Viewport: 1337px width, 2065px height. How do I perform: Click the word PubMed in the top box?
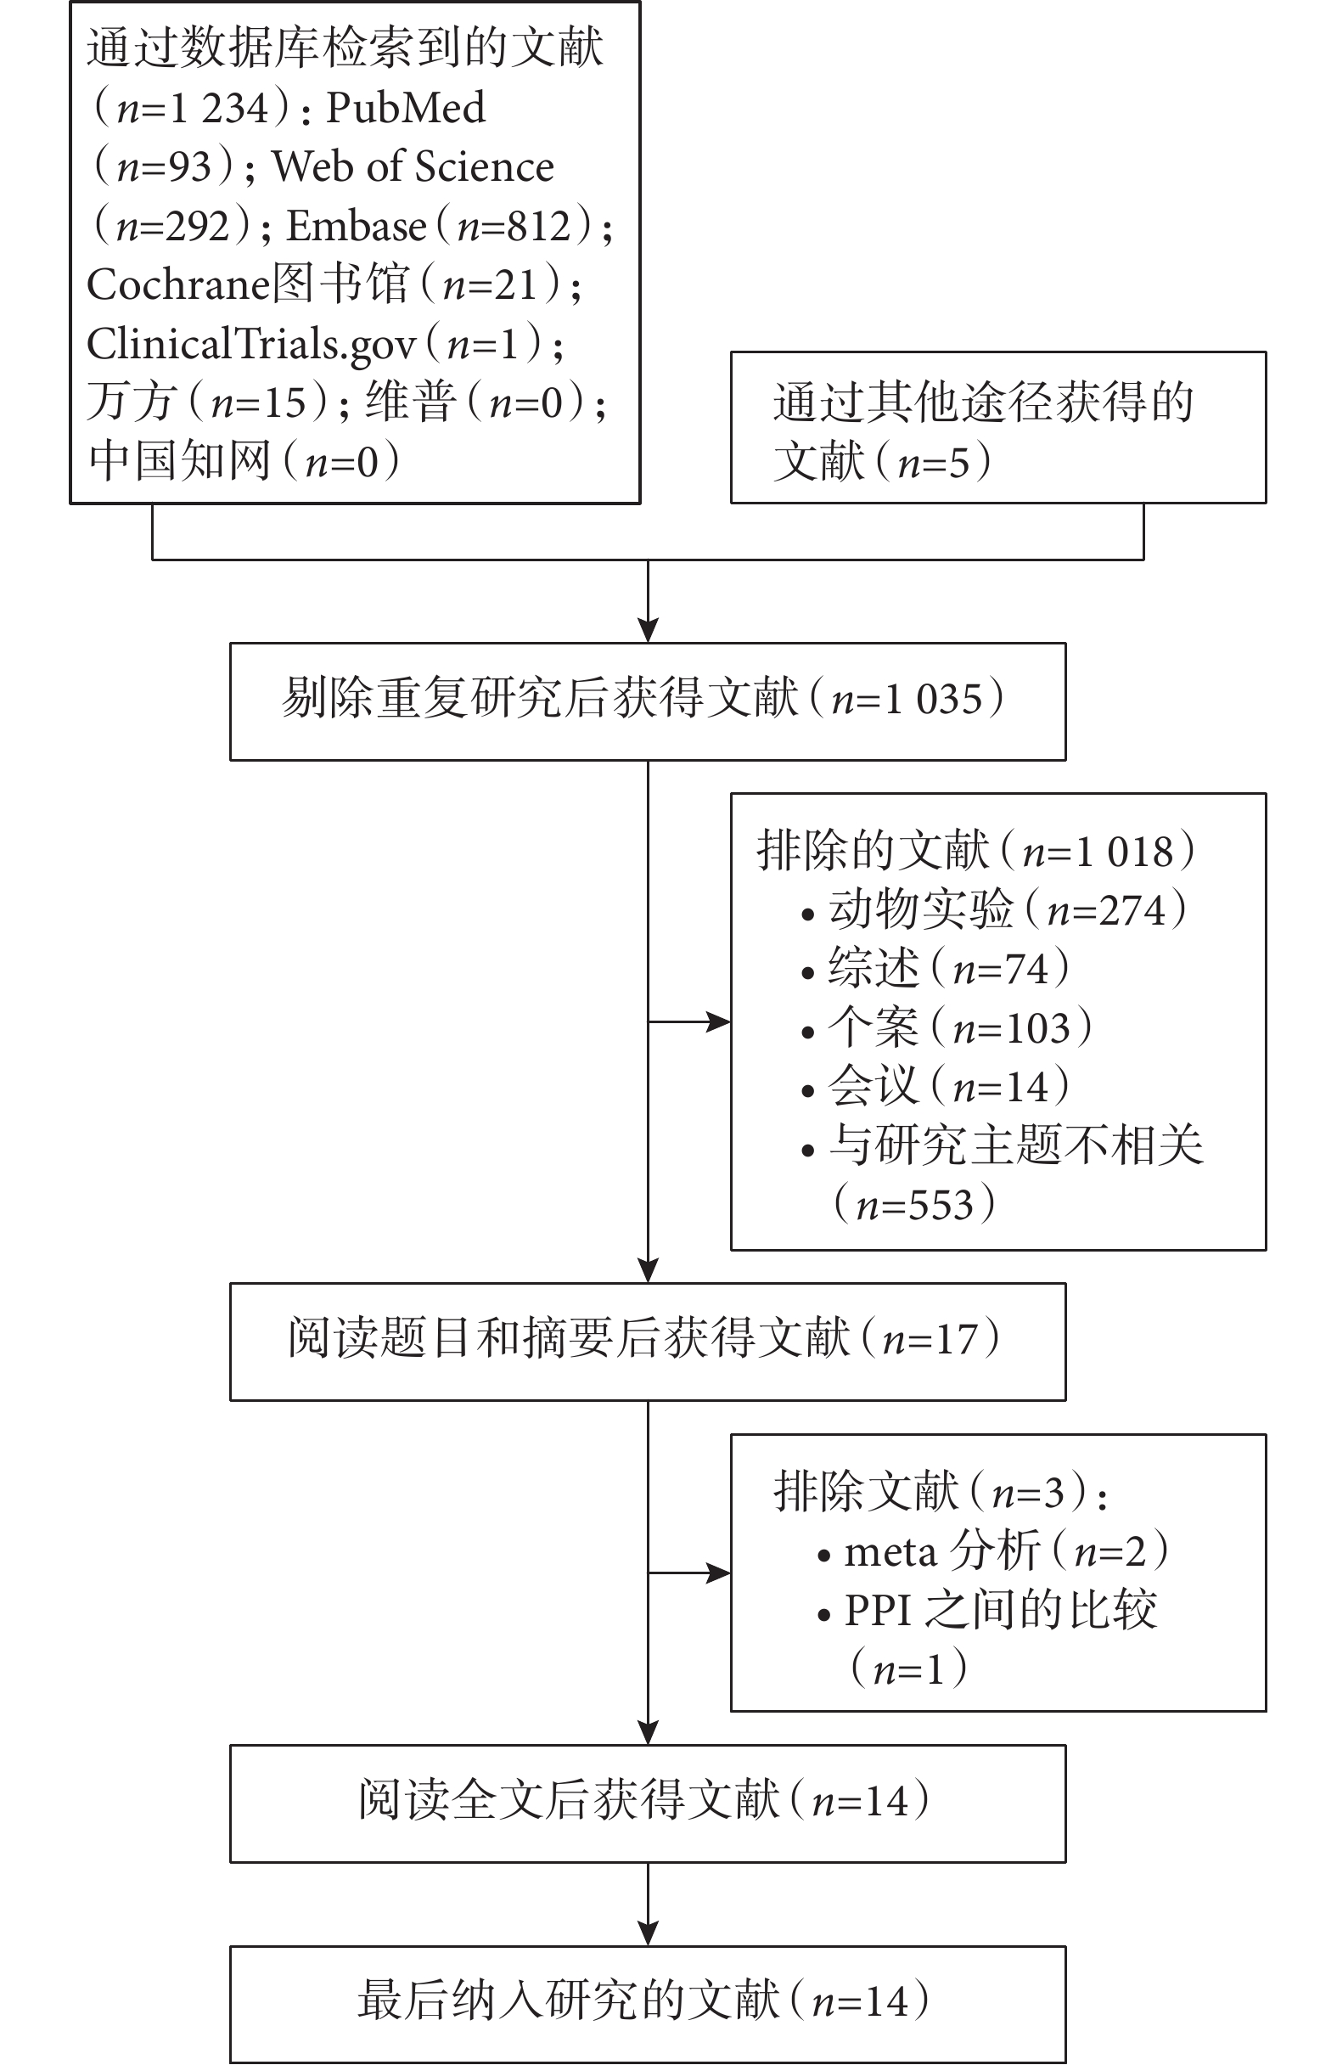(x=405, y=109)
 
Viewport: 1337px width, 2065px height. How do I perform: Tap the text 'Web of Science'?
(x=413, y=166)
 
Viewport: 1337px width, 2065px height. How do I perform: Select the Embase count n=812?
(x=514, y=228)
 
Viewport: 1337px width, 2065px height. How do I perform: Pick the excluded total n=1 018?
(x=1098, y=852)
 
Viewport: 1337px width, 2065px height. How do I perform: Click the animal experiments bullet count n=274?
(x=1106, y=911)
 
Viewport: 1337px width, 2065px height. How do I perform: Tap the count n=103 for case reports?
(x=1012, y=1029)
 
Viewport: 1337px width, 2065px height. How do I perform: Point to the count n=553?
(x=914, y=1206)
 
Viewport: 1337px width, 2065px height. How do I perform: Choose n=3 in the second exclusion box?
(x=1027, y=1494)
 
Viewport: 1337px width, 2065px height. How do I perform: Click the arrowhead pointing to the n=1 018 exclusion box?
(x=719, y=1022)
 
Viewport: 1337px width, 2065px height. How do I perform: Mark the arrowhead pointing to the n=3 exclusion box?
(x=719, y=1573)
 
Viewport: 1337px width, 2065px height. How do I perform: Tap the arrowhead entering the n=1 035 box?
(x=648, y=630)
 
